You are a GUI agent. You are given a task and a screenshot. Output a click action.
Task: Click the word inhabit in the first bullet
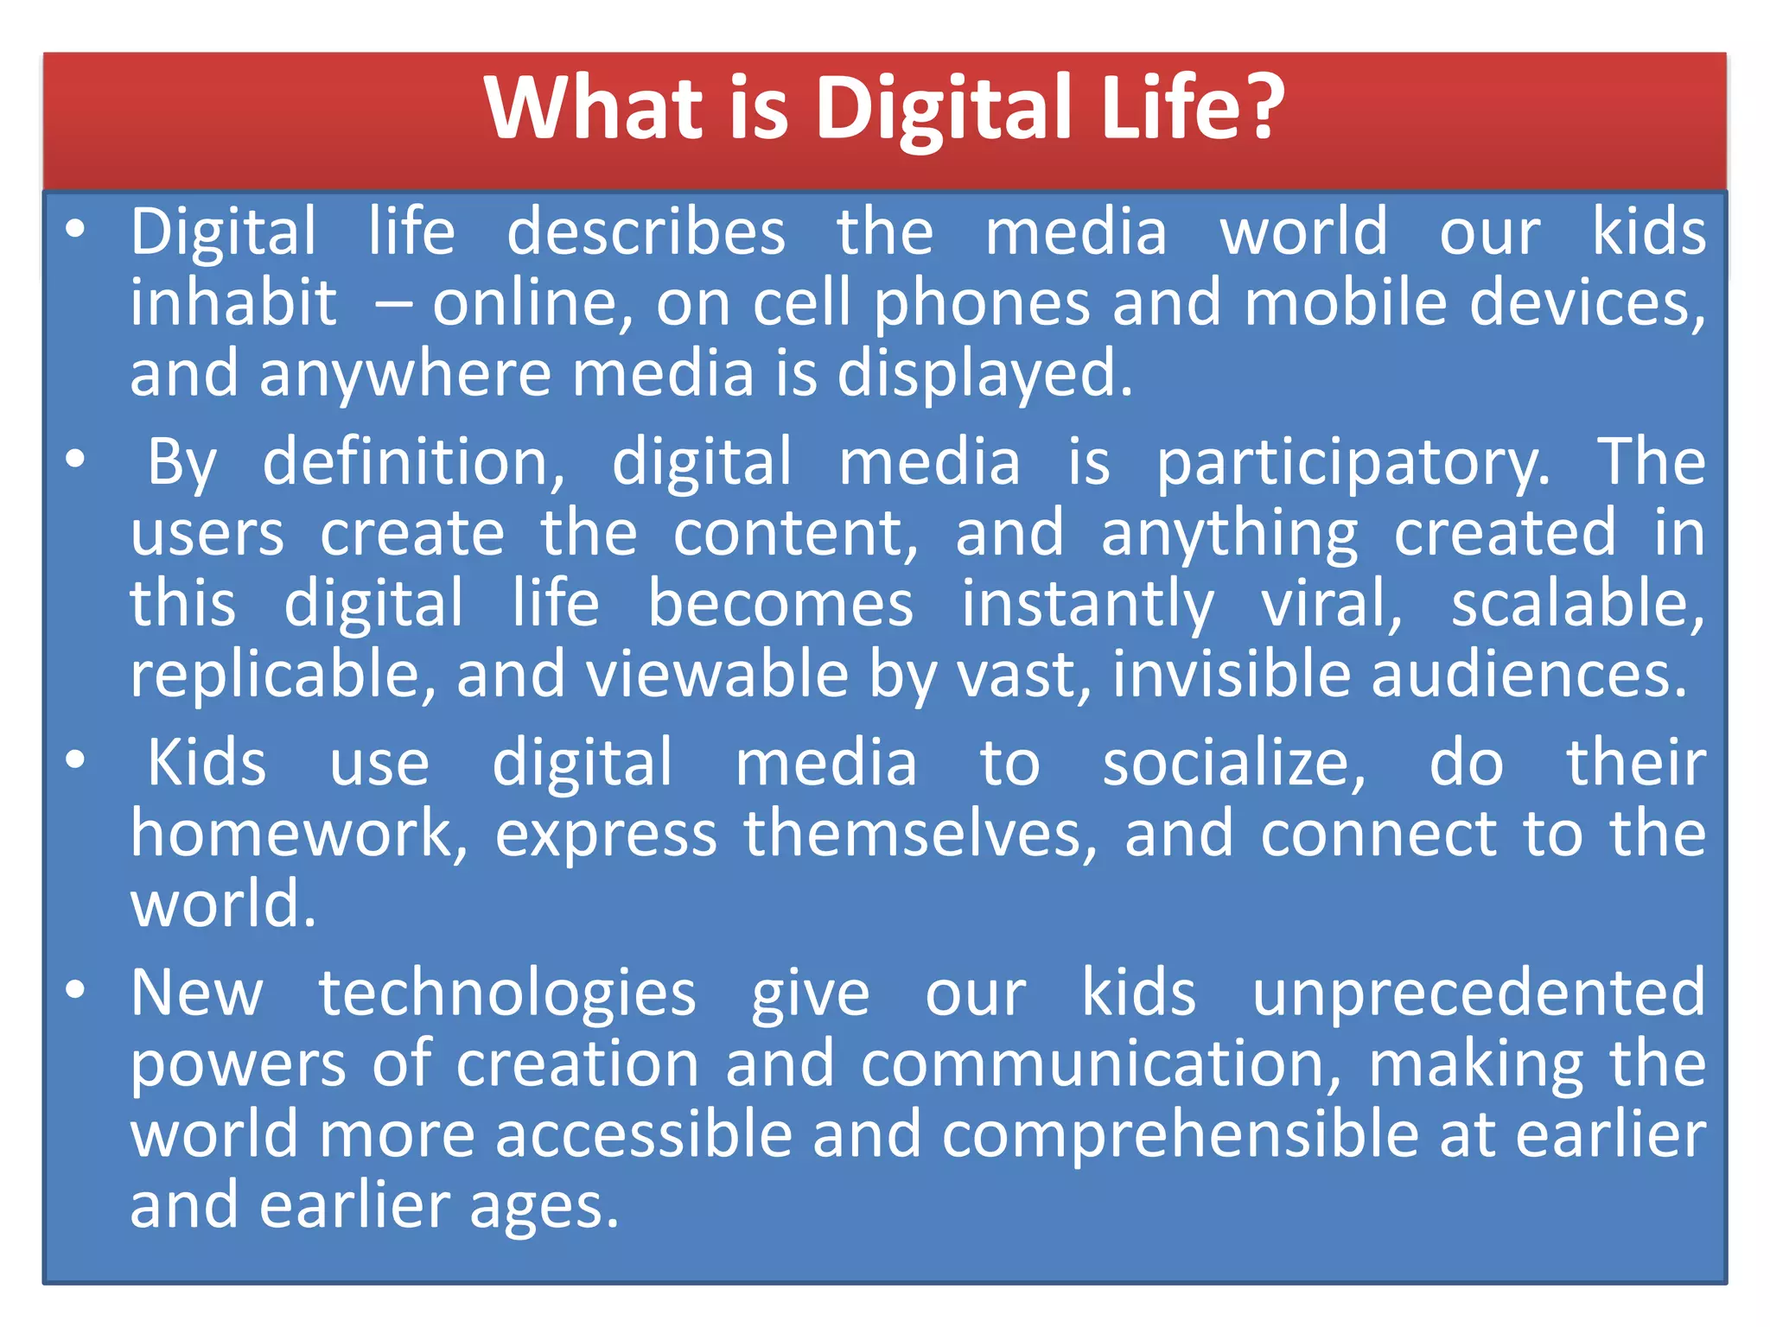[x=233, y=303]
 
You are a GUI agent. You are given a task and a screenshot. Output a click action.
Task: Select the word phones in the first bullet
[x=982, y=305]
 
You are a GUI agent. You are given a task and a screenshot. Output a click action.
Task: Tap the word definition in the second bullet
[x=413, y=462]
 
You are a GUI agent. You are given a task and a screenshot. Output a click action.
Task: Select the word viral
[x=1332, y=604]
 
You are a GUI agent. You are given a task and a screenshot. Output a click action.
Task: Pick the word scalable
[x=1577, y=604]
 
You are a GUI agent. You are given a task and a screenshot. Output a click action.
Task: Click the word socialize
[x=1233, y=764]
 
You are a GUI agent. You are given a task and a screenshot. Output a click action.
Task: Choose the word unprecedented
[x=1479, y=994]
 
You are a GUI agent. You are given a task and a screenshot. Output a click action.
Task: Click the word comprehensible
[x=1181, y=1135]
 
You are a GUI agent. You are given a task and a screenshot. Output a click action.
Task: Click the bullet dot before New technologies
[x=76, y=990]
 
